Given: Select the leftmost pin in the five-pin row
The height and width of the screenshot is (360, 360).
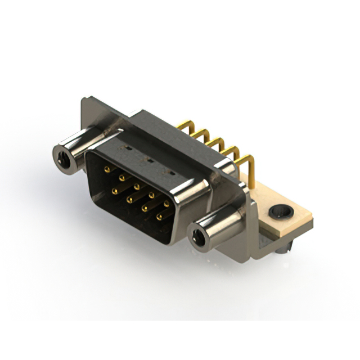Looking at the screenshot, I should point(107,169).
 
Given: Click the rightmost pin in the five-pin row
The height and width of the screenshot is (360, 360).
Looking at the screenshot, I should point(166,204).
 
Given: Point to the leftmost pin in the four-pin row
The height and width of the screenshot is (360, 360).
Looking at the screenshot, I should point(114,191).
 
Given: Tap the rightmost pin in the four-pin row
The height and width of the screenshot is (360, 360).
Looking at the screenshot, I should point(159,217).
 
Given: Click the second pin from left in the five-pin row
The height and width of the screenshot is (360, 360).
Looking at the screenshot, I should point(121,178).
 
